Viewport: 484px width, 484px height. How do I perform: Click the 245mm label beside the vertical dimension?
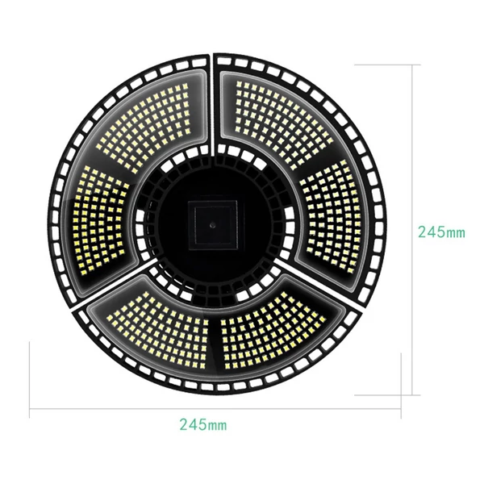(441, 232)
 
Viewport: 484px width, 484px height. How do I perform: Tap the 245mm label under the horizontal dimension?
(203, 425)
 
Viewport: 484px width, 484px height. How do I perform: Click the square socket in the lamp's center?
(213, 224)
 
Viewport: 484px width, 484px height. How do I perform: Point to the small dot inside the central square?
(212, 225)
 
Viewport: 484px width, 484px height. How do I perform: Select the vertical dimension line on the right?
(413, 230)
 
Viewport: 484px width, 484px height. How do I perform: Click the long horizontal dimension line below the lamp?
(215, 409)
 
